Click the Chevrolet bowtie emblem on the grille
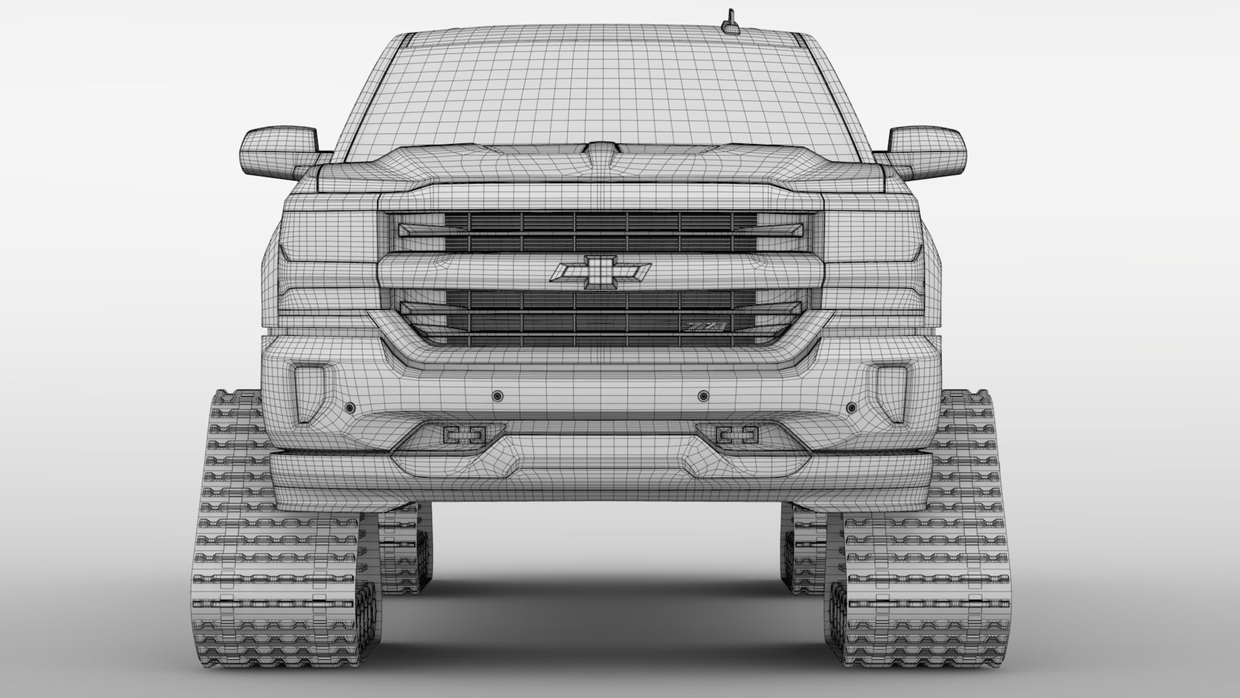point(600,271)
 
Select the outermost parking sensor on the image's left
point(349,408)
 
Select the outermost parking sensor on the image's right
point(851,408)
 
